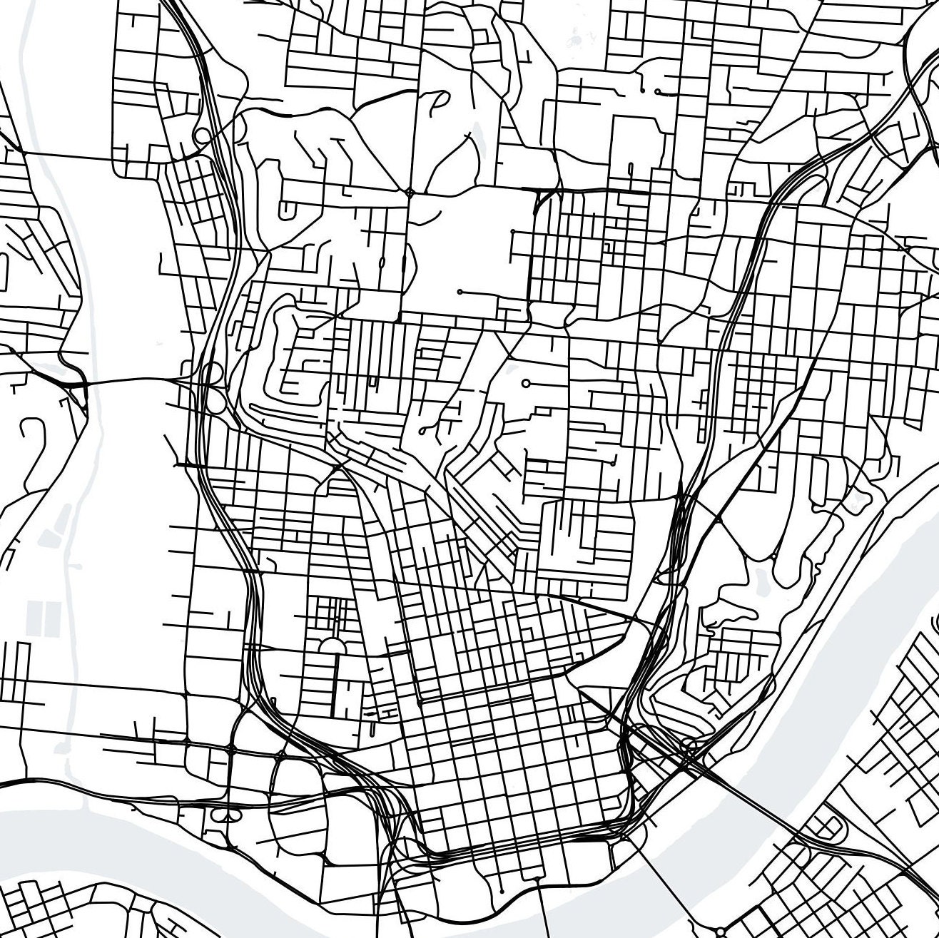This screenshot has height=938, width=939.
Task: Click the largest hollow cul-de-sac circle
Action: (526, 384)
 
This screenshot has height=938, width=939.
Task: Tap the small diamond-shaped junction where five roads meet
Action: (409, 192)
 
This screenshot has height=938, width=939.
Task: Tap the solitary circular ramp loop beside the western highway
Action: (202, 136)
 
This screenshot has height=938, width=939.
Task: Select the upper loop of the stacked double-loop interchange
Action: (213, 373)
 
